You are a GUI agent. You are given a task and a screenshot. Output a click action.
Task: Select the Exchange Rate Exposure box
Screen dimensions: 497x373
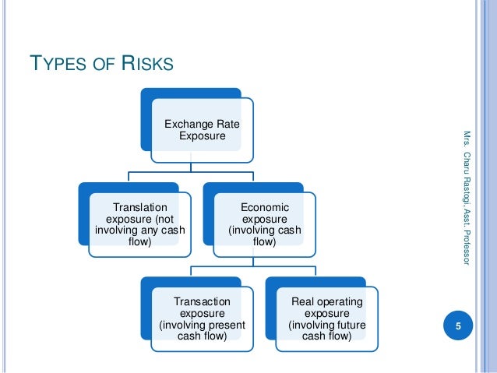(x=202, y=130)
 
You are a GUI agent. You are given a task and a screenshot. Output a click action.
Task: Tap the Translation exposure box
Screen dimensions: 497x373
(x=140, y=224)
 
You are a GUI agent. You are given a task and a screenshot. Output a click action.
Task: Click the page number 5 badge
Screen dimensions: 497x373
(x=459, y=325)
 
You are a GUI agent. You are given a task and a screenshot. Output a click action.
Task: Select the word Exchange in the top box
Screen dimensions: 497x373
(x=184, y=125)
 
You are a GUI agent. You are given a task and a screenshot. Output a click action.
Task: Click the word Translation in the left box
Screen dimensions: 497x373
(x=140, y=207)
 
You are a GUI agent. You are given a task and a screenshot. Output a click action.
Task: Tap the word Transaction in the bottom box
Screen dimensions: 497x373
(x=203, y=301)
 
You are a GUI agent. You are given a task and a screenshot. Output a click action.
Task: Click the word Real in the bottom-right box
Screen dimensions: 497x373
(x=302, y=301)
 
